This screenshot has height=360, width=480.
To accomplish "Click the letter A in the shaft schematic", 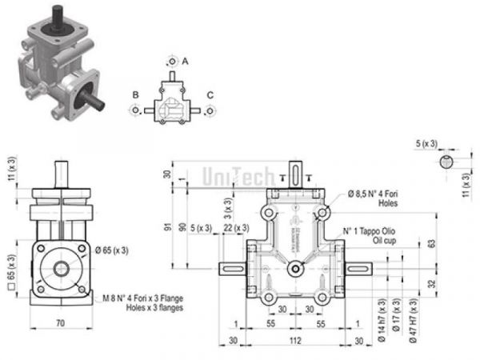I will coord(185,60).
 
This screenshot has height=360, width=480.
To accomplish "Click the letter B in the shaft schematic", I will coord(136,95).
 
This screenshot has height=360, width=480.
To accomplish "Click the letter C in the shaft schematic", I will coord(210,95).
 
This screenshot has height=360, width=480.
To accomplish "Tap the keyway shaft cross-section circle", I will coord(448,162).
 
